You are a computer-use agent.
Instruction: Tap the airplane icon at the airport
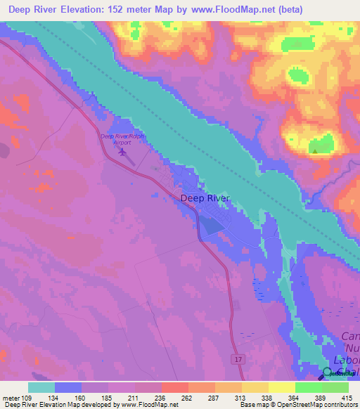coord(124,151)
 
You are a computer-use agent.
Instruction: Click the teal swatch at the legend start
coord(41,387)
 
